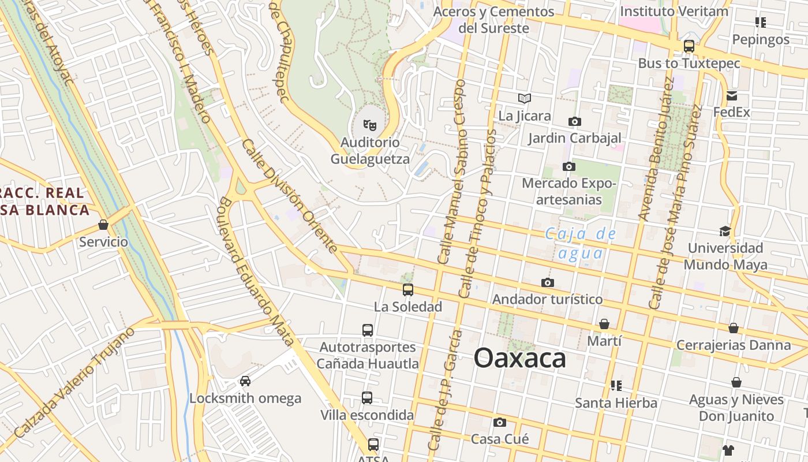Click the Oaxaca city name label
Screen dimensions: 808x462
click(520, 359)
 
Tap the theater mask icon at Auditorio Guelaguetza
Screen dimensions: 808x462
click(369, 124)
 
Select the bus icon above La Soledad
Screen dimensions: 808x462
click(408, 289)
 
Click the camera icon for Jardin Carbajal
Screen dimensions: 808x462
click(574, 121)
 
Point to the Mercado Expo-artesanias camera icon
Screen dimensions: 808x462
click(568, 166)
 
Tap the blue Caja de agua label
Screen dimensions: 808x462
click(581, 243)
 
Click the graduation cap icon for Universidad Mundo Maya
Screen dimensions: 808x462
click(725, 231)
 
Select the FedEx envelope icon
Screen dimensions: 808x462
click(732, 96)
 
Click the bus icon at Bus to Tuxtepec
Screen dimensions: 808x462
click(689, 46)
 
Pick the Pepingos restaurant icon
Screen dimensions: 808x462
click(760, 23)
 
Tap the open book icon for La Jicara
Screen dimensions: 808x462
click(524, 98)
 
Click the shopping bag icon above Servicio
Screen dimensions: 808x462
click(103, 224)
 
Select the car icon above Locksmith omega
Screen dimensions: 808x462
click(245, 381)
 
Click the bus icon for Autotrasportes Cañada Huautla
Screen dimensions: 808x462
click(368, 330)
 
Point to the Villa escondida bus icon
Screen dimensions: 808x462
click(367, 398)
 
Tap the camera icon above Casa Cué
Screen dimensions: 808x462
click(500, 422)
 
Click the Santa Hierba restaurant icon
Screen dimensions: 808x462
click(616, 385)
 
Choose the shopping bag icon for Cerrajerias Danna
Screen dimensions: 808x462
click(733, 328)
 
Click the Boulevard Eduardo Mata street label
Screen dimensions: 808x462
click(256, 271)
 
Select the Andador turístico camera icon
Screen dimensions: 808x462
click(547, 282)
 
